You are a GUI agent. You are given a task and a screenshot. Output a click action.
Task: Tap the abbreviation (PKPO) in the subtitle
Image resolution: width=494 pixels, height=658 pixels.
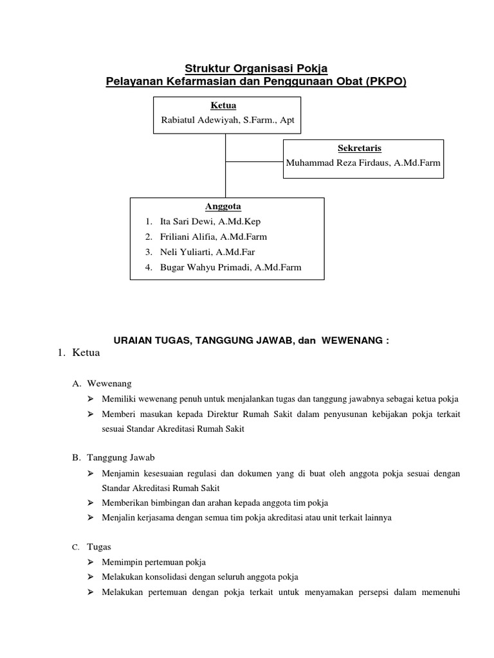[384, 82]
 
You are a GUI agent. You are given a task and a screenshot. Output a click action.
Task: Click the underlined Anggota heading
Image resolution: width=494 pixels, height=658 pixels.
[223, 206]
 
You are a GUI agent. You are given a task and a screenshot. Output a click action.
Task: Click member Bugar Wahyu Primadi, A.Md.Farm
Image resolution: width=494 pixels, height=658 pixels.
[230, 267]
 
